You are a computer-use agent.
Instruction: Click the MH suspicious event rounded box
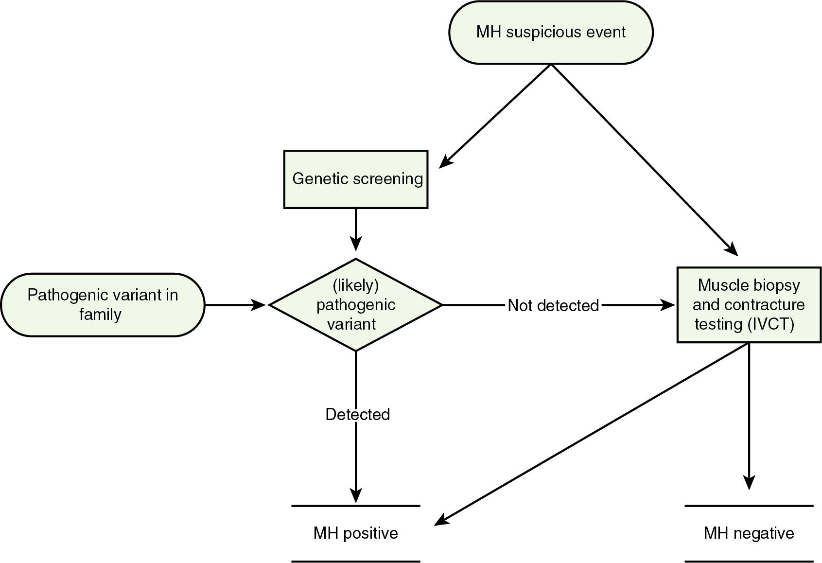pyautogui.click(x=551, y=32)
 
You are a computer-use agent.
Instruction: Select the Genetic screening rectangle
pyautogui.click(x=356, y=179)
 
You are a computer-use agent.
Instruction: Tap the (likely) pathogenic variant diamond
pyautogui.click(x=356, y=304)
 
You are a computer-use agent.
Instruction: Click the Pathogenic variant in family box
pyautogui.click(x=103, y=304)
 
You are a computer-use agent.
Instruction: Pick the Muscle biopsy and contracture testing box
pyautogui.click(x=749, y=304)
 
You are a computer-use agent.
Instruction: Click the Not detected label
pyautogui.click(x=553, y=305)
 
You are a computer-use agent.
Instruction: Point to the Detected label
pyautogui.click(x=357, y=414)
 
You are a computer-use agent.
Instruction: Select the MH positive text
pyautogui.click(x=355, y=533)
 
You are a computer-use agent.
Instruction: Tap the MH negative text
pyautogui.click(x=749, y=533)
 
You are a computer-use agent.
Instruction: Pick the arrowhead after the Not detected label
pyautogui.click(x=669, y=305)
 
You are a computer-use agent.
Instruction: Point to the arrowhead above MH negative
pyautogui.click(x=749, y=483)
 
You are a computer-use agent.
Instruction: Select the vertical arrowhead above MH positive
pyautogui.click(x=356, y=496)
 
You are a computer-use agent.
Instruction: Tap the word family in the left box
pyautogui.click(x=100, y=315)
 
